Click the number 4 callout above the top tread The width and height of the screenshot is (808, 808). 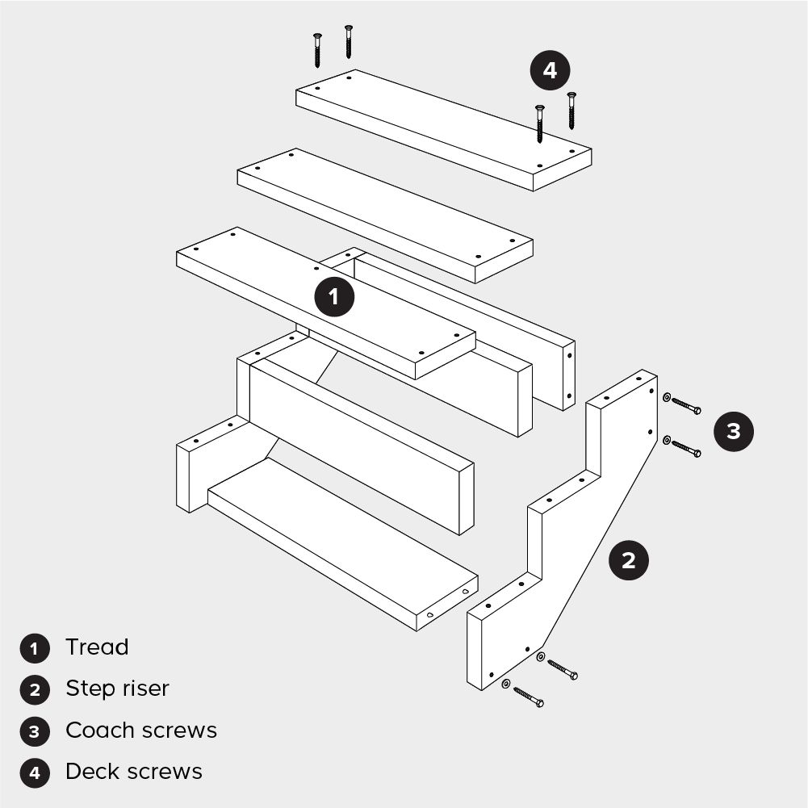[x=550, y=70]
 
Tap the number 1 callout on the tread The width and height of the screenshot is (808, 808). [x=334, y=296]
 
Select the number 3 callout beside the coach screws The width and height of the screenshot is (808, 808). [x=733, y=431]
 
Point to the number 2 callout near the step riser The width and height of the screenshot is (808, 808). [x=629, y=560]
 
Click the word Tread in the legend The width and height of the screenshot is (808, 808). [x=97, y=647]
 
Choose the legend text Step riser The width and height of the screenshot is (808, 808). [x=118, y=689]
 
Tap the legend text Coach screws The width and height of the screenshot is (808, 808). [x=141, y=731]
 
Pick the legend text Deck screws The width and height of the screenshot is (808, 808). [x=134, y=772]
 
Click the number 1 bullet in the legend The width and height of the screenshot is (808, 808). [x=35, y=648]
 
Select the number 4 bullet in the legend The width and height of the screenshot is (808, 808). [x=35, y=773]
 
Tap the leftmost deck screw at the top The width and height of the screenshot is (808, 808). [x=317, y=50]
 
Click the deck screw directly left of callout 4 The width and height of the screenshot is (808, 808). [x=539, y=124]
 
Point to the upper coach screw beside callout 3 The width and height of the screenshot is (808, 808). [x=686, y=405]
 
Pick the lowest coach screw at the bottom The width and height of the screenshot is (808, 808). [x=528, y=697]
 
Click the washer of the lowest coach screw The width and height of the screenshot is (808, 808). [x=506, y=684]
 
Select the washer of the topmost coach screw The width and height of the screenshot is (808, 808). [x=666, y=397]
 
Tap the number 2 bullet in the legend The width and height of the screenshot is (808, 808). [x=35, y=690]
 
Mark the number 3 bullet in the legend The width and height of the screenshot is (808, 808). [x=35, y=732]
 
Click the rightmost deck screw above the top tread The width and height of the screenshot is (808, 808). [x=571, y=111]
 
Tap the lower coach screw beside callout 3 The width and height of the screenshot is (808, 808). [x=686, y=448]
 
